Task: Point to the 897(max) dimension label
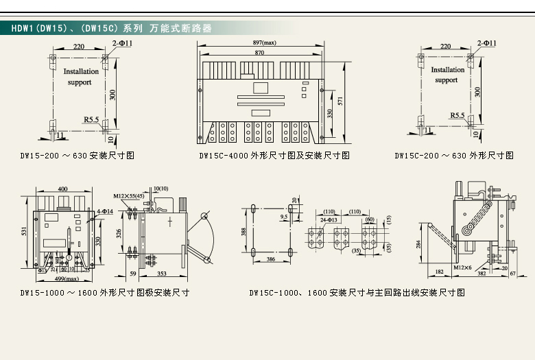click(265, 43)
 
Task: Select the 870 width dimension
click(260, 53)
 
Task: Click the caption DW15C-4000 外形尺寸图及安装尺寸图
click(274, 156)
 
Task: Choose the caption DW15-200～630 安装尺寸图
click(77, 156)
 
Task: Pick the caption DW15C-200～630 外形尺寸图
click(454, 156)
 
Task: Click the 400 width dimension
click(62, 189)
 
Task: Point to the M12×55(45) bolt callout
click(128, 196)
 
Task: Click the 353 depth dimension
click(163, 273)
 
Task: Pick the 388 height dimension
click(244, 231)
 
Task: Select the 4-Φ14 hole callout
click(105, 211)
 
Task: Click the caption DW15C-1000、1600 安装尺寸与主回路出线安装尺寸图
click(357, 293)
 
